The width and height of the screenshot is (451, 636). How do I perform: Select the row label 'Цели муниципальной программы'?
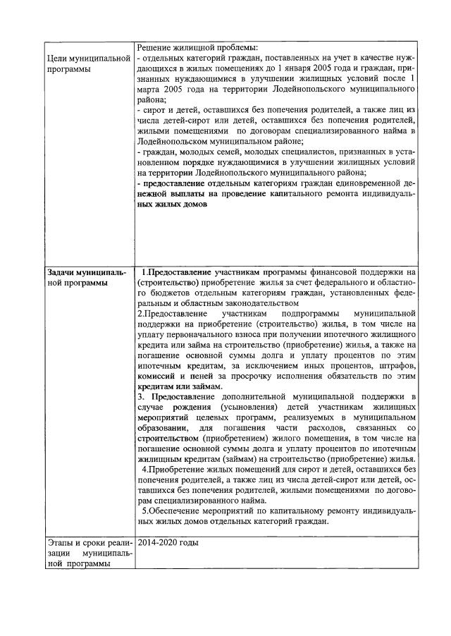coord(89,62)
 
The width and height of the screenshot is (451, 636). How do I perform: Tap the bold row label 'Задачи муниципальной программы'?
coord(89,277)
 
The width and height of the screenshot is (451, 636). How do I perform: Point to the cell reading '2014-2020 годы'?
coord(168,543)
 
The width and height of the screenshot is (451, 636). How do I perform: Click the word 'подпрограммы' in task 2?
coord(310,314)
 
